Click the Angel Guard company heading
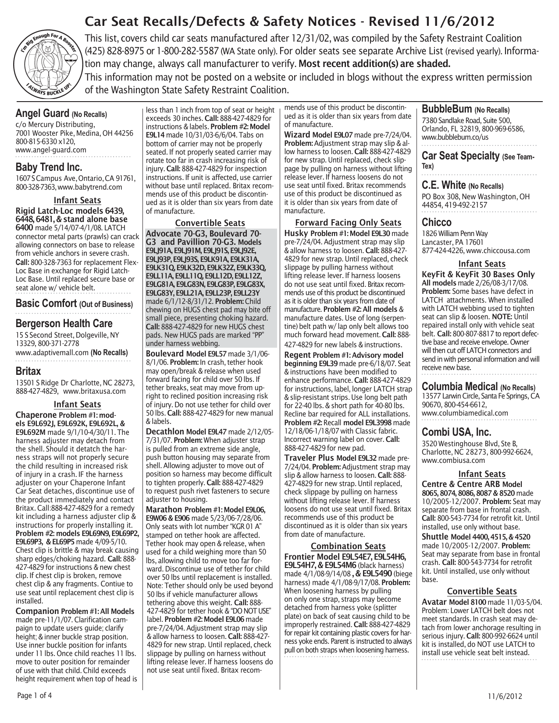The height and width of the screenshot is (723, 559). pos(43,114)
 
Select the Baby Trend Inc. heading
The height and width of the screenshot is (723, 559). pos(49,167)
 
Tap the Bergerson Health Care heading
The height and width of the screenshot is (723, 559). pos(64,324)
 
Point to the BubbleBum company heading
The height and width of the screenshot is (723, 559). pos(447,109)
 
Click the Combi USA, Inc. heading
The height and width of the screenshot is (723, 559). pos(456,432)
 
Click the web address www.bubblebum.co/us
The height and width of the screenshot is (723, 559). pos(455,138)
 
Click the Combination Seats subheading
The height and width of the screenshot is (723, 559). pos(348,546)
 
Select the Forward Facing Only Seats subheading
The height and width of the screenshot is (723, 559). pos(348,222)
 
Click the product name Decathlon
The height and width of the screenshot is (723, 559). pos(165,431)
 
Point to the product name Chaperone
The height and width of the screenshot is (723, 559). pos(36,414)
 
